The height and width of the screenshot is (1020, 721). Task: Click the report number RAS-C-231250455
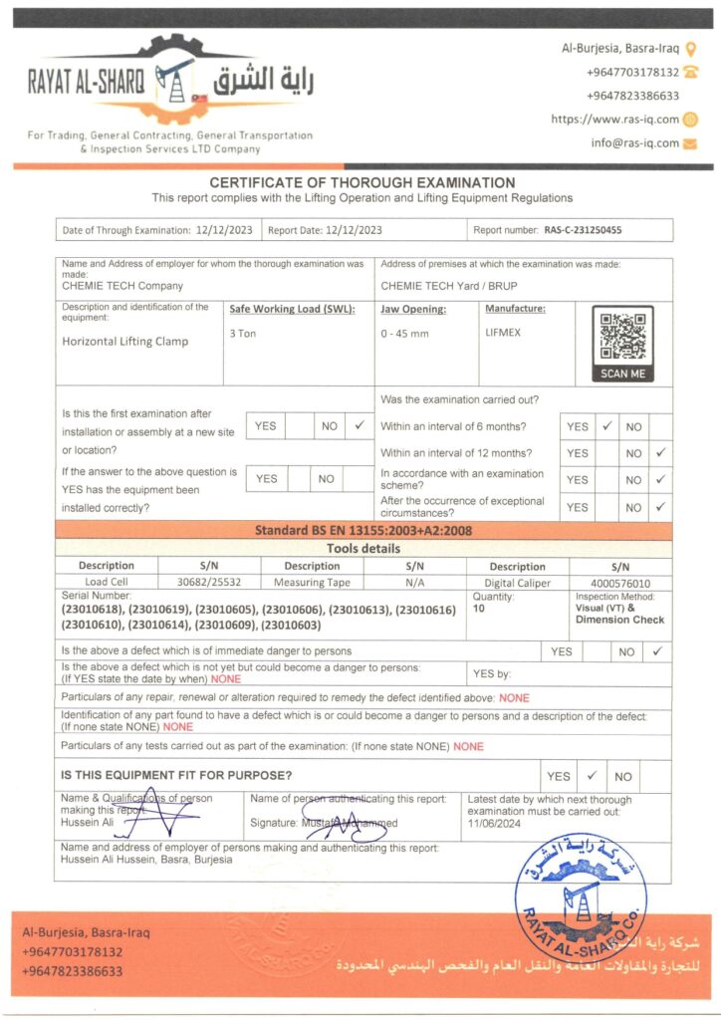tap(583, 230)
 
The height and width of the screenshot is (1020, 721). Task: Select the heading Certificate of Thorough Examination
tap(362, 183)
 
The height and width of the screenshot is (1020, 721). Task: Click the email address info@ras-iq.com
tap(634, 142)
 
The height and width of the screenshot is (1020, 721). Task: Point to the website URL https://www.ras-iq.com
tap(614, 120)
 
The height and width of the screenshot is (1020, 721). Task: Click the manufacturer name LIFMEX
tap(502, 333)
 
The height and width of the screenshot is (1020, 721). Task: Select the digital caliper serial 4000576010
tap(620, 583)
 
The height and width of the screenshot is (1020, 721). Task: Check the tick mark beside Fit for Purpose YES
tap(591, 775)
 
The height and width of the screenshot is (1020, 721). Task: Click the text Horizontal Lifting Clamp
tap(125, 342)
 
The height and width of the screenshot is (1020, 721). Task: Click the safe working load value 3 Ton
tap(242, 333)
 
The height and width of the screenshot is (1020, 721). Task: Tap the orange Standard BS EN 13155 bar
tap(363, 531)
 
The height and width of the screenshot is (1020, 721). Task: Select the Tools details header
tap(363, 549)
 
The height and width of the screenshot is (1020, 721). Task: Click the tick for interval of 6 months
tap(605, 425)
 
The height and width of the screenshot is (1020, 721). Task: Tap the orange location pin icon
tap(691, 47)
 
